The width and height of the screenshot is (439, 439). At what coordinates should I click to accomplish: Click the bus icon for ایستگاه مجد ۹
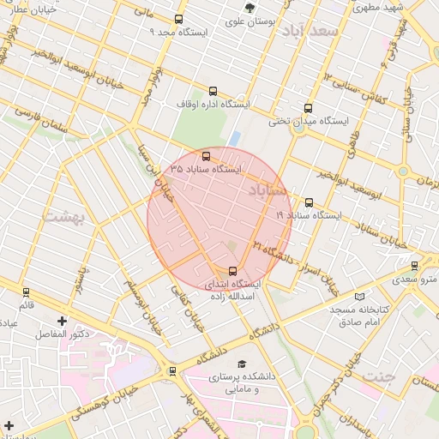pyautogui.click(x=178, y=19)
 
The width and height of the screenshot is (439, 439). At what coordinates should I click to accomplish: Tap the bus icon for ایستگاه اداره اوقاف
pyautogui.click(x=213, y=92)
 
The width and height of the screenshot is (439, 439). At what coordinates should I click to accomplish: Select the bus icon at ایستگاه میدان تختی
pyautogui.click(x=309, y=108)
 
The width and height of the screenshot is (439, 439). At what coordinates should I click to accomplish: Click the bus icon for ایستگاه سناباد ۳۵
pyautogui.click(x=206, y=156)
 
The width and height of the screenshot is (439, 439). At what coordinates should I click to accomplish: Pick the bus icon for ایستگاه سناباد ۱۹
pyautogui.click(x=309, y=203)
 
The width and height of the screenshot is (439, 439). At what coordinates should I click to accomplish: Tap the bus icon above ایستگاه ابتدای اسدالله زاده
pyautogui.click(x=234, y=272)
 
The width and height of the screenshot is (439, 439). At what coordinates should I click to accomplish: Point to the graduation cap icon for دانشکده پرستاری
pyautogui.click(x=241, y=364)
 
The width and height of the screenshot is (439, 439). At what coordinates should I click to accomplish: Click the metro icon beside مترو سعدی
pyautogui.click(x=415, y=266)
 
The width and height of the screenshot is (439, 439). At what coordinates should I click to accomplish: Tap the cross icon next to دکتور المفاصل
pyautogui.click(x=62, y=321)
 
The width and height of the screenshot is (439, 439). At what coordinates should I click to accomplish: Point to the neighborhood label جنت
pyautogui.click(x=377, y=376)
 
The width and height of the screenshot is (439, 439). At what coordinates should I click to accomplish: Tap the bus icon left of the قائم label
pyautogui.click(x=26, y=292)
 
